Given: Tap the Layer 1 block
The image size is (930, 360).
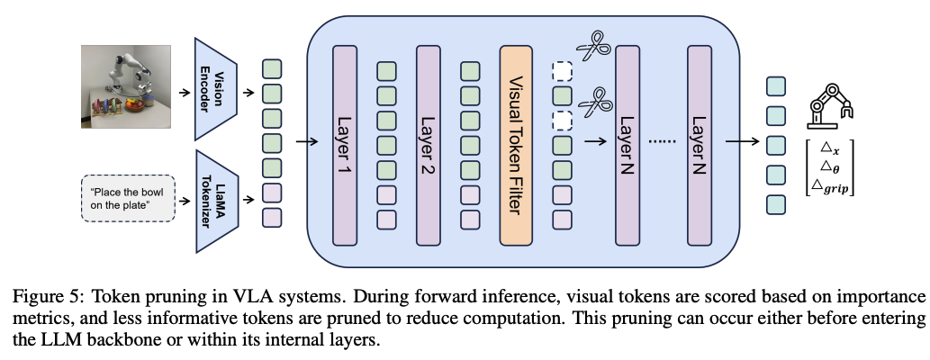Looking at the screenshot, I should (346, 144).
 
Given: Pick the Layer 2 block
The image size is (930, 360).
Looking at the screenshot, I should (429, 144).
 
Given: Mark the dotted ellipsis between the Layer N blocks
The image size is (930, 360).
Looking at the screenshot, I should (663, 142).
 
